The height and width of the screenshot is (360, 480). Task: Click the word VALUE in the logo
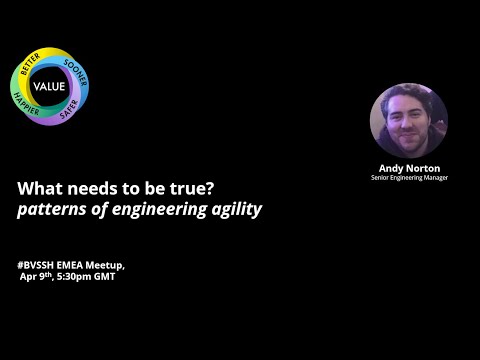tap(48, 86)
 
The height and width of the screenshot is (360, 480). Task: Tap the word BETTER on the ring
tap(29, 68)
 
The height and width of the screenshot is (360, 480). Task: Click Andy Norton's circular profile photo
tap(408, 119)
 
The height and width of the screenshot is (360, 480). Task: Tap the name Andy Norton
tap(408, 168)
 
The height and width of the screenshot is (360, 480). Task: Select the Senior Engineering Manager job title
tap(408, 178)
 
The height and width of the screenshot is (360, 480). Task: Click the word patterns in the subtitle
tap(53, 210)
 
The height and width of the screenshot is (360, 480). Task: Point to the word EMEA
tap(73, 264)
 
